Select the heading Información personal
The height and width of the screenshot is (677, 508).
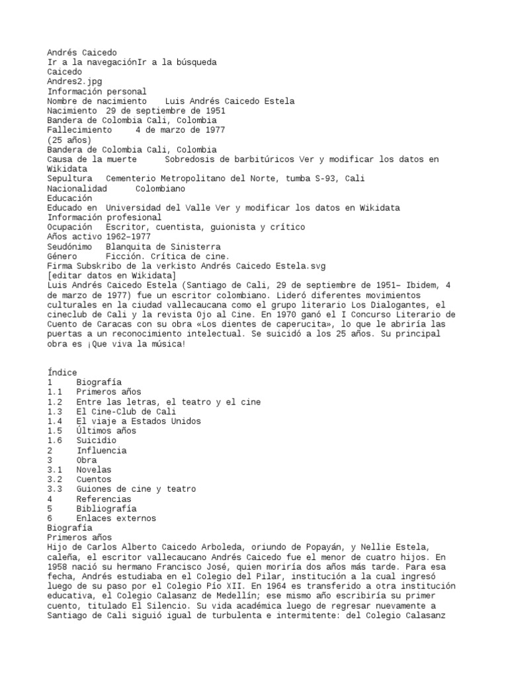point(97,91)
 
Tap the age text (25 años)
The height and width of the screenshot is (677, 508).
point(69,139)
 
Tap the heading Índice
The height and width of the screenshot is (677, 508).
point(62,373)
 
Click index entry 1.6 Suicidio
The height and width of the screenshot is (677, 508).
point(96,440)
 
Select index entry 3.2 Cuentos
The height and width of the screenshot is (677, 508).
point(93,479)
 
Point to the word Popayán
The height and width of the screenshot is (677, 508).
point(354,547)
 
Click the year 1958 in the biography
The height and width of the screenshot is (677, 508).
point(58,566)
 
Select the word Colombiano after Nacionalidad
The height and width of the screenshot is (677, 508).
point(161,188)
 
